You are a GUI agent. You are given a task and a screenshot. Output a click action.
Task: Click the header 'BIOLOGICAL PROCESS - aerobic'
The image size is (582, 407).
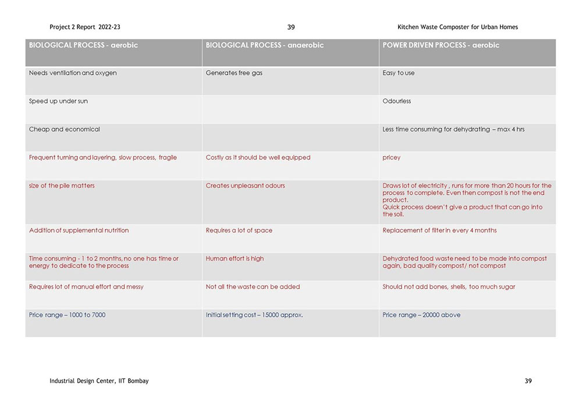(83, 45)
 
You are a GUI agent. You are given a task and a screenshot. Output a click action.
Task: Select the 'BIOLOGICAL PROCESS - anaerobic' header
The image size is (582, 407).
(264, 45)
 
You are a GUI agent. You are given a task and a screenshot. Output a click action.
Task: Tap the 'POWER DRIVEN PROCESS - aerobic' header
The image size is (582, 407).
(441, 45)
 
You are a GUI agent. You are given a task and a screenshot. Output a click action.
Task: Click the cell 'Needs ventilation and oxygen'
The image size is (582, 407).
(73, 73)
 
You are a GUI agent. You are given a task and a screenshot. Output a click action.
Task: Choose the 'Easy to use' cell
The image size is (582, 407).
(399, 73)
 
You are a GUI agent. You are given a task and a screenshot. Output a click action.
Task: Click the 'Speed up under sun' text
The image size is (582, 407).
(58, 101)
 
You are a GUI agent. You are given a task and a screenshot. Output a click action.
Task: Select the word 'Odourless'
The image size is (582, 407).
(396, 101)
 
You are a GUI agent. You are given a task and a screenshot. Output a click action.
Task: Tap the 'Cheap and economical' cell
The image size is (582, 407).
(64, 130)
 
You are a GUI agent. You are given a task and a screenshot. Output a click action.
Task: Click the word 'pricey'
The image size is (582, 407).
(391, 158)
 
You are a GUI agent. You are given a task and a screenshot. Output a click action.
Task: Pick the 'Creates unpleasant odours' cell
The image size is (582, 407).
(245, 186)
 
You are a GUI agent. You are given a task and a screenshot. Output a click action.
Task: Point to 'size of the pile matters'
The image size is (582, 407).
(62, 186)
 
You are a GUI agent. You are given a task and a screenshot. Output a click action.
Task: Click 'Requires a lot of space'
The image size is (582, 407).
(239, 231)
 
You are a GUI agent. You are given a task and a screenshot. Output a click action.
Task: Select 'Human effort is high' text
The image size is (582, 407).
(235, 259)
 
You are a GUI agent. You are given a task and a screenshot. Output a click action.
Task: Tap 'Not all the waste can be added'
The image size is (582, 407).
(253, 287)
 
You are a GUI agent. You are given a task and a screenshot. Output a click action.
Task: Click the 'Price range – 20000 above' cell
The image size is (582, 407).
(421, 315)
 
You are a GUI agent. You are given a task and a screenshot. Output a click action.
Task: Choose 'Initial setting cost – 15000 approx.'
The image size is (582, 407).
(254, 315)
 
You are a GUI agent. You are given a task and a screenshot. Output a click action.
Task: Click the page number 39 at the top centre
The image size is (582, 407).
(291, 27)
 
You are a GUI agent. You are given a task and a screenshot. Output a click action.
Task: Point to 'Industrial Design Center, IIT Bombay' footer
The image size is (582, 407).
(99, 381)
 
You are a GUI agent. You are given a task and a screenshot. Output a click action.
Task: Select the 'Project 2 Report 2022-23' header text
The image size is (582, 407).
(85, 27)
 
